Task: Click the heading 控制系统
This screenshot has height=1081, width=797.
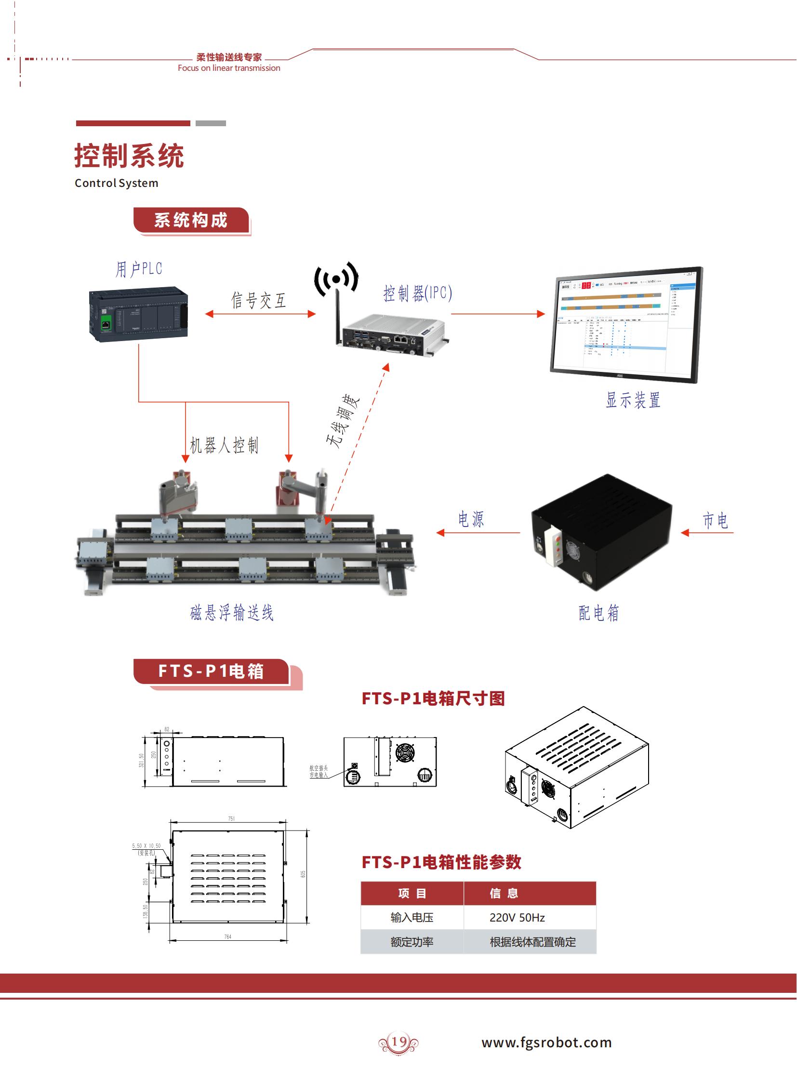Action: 129,156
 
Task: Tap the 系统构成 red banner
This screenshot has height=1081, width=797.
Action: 191,221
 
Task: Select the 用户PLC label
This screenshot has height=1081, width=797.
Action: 138,269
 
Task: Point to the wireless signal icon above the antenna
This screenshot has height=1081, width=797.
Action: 336,278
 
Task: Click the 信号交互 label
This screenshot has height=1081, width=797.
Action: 259,300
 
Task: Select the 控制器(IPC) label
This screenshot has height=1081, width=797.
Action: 417,293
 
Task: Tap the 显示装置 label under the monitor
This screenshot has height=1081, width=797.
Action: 633,400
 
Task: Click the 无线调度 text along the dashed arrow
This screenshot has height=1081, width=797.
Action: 343,421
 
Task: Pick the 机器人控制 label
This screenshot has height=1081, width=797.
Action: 225,445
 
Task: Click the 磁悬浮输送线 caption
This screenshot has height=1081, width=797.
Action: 232,613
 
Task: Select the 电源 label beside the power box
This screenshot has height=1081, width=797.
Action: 471,519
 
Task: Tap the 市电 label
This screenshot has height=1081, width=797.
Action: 715,520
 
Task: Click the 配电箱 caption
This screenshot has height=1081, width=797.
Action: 599,613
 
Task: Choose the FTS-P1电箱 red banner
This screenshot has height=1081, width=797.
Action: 211,671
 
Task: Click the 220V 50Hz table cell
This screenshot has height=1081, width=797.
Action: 517,918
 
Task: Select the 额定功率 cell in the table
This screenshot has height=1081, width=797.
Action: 412,942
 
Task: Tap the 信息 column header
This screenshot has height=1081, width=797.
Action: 504,893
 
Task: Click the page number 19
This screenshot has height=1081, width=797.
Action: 398,1041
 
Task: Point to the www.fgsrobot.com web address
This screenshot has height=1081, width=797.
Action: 546,1042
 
